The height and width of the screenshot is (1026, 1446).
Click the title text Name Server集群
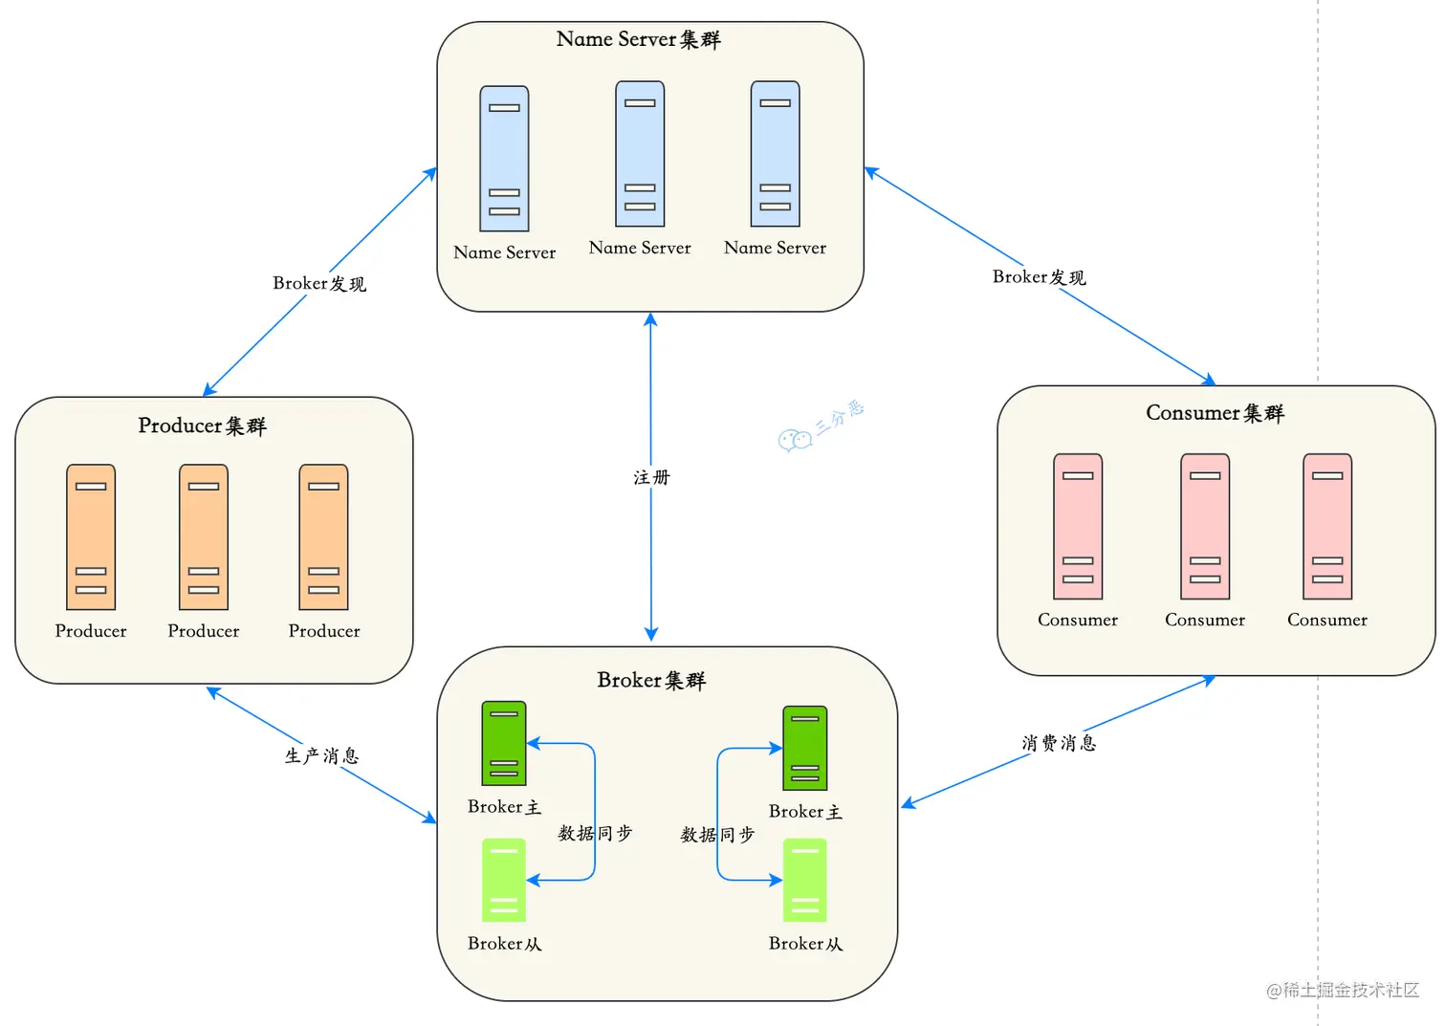click(x=638, y=39)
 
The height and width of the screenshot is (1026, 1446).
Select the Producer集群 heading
click(x=202, y=426)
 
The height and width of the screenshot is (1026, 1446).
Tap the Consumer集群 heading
click(x=1215, y=413)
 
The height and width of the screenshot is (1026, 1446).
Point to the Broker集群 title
click(x=650, y=680)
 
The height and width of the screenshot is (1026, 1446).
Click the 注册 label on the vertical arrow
click(x=651, y=477)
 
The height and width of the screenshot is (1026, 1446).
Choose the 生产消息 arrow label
click(x=321, y=755)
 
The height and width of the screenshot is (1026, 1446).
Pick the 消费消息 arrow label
click(x=1058, y=743)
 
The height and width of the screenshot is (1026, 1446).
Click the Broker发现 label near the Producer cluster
click(x=319, y=283)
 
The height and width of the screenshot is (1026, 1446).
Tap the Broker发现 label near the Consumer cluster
click(x=1039, y=277)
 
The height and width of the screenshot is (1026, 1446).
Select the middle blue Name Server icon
click(x=640, y=154)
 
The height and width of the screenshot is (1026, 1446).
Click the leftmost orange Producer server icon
click(x=91, y=536)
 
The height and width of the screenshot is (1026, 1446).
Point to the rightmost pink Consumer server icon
click(x=1327, y=526)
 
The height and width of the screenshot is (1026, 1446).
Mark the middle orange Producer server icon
click(x=204, y=536)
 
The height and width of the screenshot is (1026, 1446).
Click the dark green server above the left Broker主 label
click(x=504, y=743)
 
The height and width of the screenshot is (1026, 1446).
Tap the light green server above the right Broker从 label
click(x=805, y=880)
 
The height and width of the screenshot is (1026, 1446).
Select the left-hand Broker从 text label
click(x=504, y=944)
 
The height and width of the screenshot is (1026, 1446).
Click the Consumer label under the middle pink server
click(x=1205, y=620)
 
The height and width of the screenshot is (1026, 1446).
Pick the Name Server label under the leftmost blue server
click(x=504, y=252)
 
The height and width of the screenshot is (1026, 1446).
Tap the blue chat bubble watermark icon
click(x=795, y=440)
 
